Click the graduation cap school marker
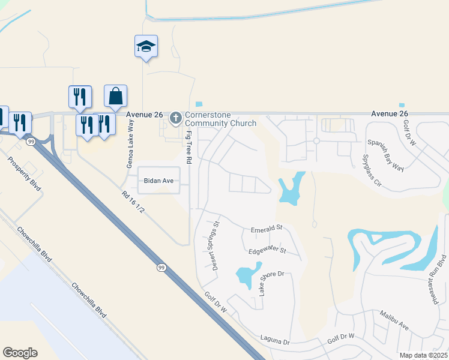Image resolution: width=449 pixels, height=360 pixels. coord(146,46)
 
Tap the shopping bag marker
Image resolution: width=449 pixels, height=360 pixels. coord(115,96)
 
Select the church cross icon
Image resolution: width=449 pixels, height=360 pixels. coord(176,117)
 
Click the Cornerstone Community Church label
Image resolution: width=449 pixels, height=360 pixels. coord(220,119)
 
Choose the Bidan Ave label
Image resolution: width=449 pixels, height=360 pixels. coord(158,180)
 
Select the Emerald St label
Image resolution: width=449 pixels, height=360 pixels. coord(267,229)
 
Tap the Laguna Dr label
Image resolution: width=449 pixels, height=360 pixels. coord(275,341)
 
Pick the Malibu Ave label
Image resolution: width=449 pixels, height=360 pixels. coord(394,320)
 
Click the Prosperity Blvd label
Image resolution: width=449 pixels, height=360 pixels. coord(24,174)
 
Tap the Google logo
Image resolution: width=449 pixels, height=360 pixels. coord(20,353)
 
